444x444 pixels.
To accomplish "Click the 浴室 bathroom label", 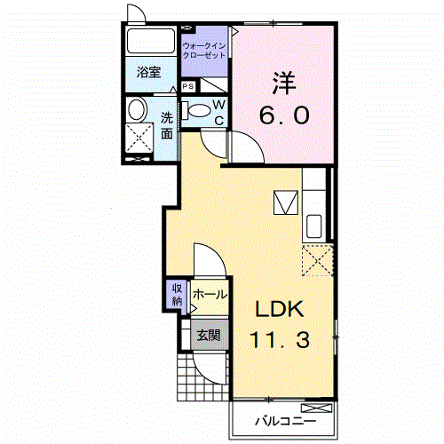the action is coord(148,72).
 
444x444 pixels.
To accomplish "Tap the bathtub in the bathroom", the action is coord(151,41).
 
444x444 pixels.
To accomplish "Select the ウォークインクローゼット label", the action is coord(204,51).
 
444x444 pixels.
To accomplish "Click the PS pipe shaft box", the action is coord(188,86).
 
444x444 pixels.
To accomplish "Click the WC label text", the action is coord(219,113).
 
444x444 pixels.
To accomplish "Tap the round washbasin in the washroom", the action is coord(137,109).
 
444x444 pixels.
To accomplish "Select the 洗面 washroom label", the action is coord(167,126).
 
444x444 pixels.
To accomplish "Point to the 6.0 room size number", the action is coord(284,115).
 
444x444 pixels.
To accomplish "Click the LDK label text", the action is coord(280,309).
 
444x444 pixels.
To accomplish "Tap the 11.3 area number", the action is coord(280,339).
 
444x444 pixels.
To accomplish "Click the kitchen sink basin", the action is coord(314,226).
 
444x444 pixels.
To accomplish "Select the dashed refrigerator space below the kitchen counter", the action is coord(318,260).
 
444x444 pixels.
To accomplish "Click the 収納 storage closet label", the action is coord(177,295).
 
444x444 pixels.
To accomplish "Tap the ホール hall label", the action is coord(210,295).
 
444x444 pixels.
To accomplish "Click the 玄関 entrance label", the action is coord(209,336).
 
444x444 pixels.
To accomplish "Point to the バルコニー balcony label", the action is coord(286,421).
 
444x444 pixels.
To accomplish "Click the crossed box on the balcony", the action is coord(316,408).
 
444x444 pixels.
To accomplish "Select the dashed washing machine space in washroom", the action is coord(139,139).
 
